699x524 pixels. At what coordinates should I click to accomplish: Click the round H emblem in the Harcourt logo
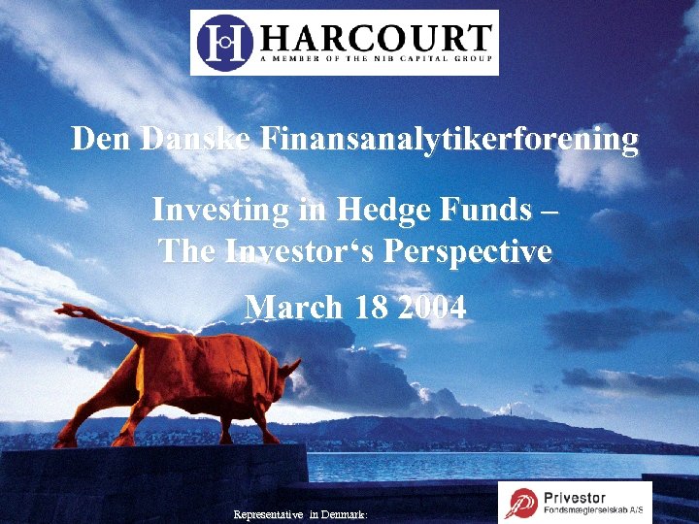[226, 42]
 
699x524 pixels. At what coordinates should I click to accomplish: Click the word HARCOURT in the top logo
[376, 38]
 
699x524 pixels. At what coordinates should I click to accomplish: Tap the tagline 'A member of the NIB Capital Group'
[377, 59]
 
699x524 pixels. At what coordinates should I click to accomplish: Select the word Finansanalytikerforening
[448, 140]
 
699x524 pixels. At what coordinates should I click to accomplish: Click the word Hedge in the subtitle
[384, 210]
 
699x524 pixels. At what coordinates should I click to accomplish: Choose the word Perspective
[469, 251]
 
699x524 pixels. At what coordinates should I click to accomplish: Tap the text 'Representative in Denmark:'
[300, 515]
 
